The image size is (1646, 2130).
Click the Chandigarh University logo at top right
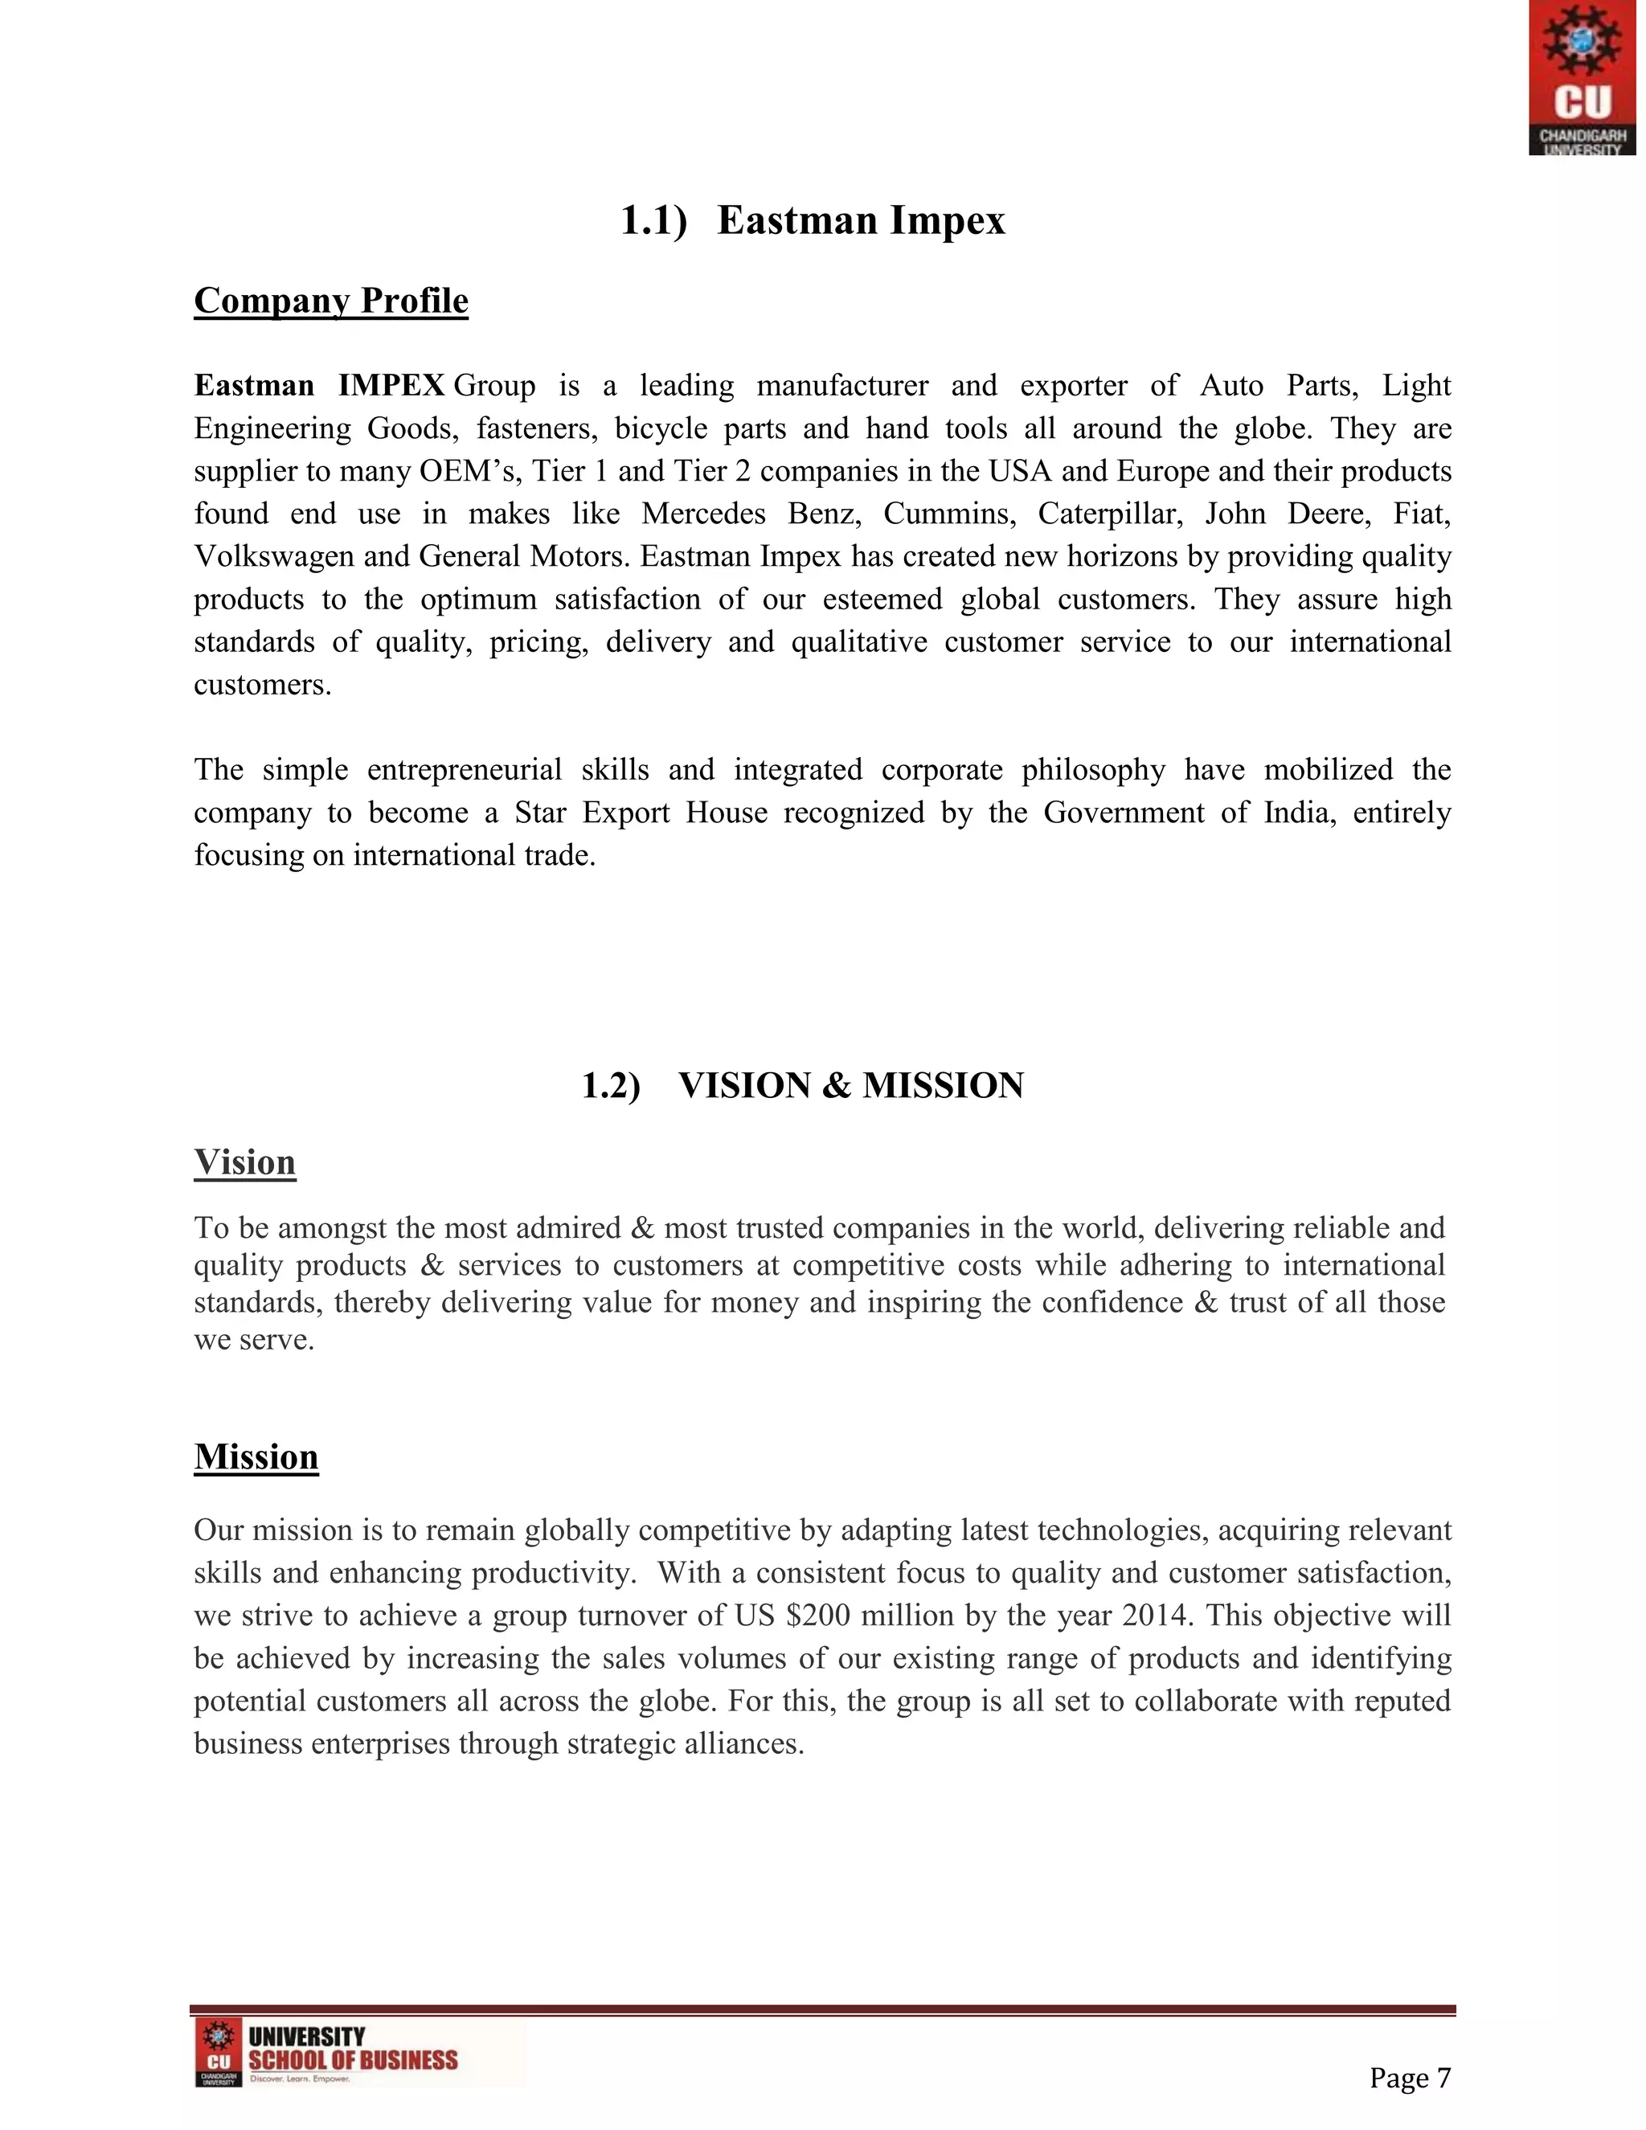click(x=1581, y=77)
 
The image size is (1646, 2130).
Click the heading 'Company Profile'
click(x=330, y=301)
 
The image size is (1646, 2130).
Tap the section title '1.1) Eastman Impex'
click(x=813, y=220)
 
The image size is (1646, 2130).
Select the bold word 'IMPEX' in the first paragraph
click(x=391, y=385)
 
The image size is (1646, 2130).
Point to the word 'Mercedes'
click(x=702, y=514)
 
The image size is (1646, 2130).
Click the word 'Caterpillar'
click(x=1108, y=514)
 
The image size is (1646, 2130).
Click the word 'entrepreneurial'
click(x=465, y=771)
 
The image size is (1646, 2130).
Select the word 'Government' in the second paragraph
click(x=1124, y=813)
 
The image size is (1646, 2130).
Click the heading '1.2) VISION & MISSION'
click(x=801, y=1085)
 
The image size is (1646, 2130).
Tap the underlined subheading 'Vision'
click(x=245, y=1162)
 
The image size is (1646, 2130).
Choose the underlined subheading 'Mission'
click(x=256, y=1457)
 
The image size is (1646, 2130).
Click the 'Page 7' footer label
click(x=1410, y=2079)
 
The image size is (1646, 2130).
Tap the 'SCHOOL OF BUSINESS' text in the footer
click(x=353, y=2061)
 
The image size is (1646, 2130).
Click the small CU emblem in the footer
click(x=219, y=2051)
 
